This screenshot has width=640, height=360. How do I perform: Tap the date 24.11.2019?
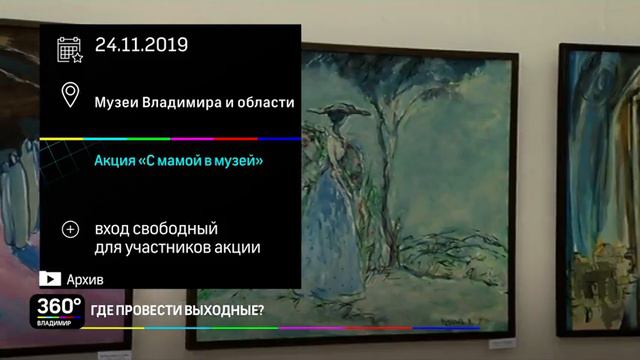pos(141,45)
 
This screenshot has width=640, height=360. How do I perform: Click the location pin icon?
pos(70,96)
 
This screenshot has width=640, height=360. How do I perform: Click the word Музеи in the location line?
pos(116,102)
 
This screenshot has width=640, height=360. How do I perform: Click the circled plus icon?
pos(70,229)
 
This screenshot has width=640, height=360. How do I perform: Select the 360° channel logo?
pos(59,305)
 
